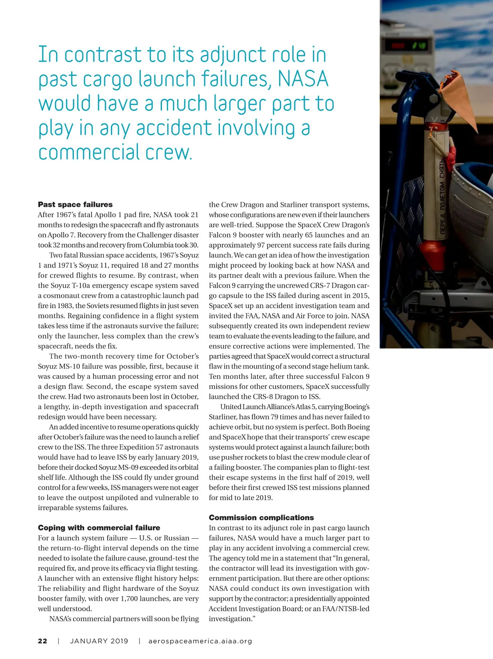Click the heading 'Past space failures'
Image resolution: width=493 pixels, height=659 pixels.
click(75, 204)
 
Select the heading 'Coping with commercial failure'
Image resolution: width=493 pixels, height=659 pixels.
click(99, 528)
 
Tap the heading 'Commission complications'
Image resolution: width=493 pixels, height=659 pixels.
click(261, 517)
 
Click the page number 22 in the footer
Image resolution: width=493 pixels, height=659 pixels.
click(43, 641)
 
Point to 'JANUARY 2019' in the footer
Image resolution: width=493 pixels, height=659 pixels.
click(99, 641)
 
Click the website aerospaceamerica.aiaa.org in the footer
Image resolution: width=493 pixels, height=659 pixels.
click(200, 641)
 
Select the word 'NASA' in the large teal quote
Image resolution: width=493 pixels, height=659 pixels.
click(303, 79)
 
